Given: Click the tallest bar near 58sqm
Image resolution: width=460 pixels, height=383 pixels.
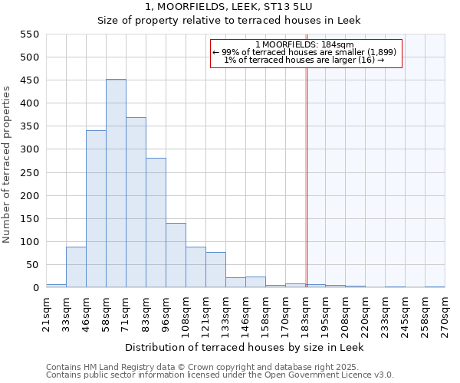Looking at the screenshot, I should point(116,184).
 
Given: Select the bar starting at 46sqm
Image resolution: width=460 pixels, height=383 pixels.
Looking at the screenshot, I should point(96,209).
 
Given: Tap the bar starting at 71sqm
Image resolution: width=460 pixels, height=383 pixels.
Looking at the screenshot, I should point(136,203).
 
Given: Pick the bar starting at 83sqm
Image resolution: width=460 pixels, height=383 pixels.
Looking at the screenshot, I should point(156,223).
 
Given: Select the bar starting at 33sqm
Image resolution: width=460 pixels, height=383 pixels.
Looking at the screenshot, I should point(76,267).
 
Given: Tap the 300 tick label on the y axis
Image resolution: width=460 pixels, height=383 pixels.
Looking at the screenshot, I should point(28,149).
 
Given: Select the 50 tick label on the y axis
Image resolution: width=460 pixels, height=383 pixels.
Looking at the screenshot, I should point(31,265).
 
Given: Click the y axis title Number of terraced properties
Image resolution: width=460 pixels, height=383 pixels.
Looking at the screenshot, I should point(7,165).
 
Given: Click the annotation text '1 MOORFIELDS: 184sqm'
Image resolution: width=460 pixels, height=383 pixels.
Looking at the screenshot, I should point(304,44).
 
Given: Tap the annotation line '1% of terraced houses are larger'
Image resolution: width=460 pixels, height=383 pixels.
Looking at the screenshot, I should point(304,60).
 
